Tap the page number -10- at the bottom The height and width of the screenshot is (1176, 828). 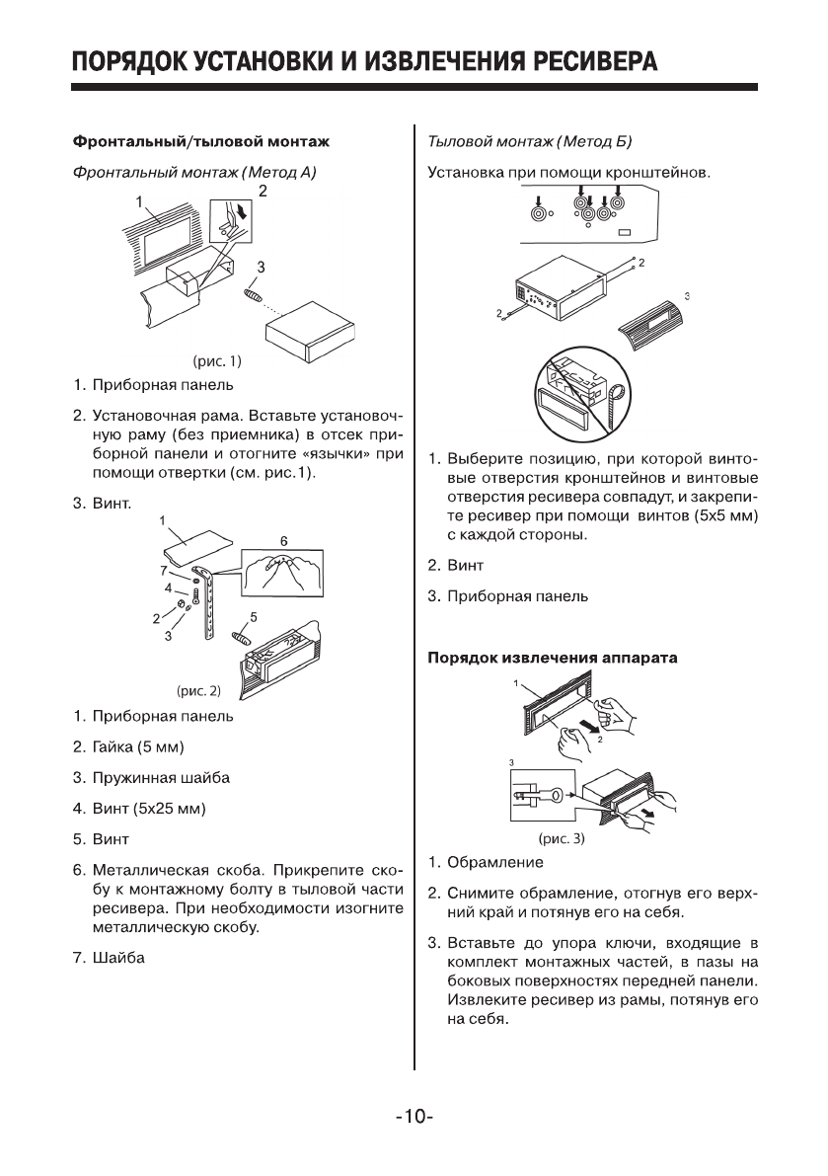click(414, 1118)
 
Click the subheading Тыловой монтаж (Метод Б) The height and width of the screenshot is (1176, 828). click(528, 142)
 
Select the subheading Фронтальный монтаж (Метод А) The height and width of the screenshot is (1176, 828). click(193, 173)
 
